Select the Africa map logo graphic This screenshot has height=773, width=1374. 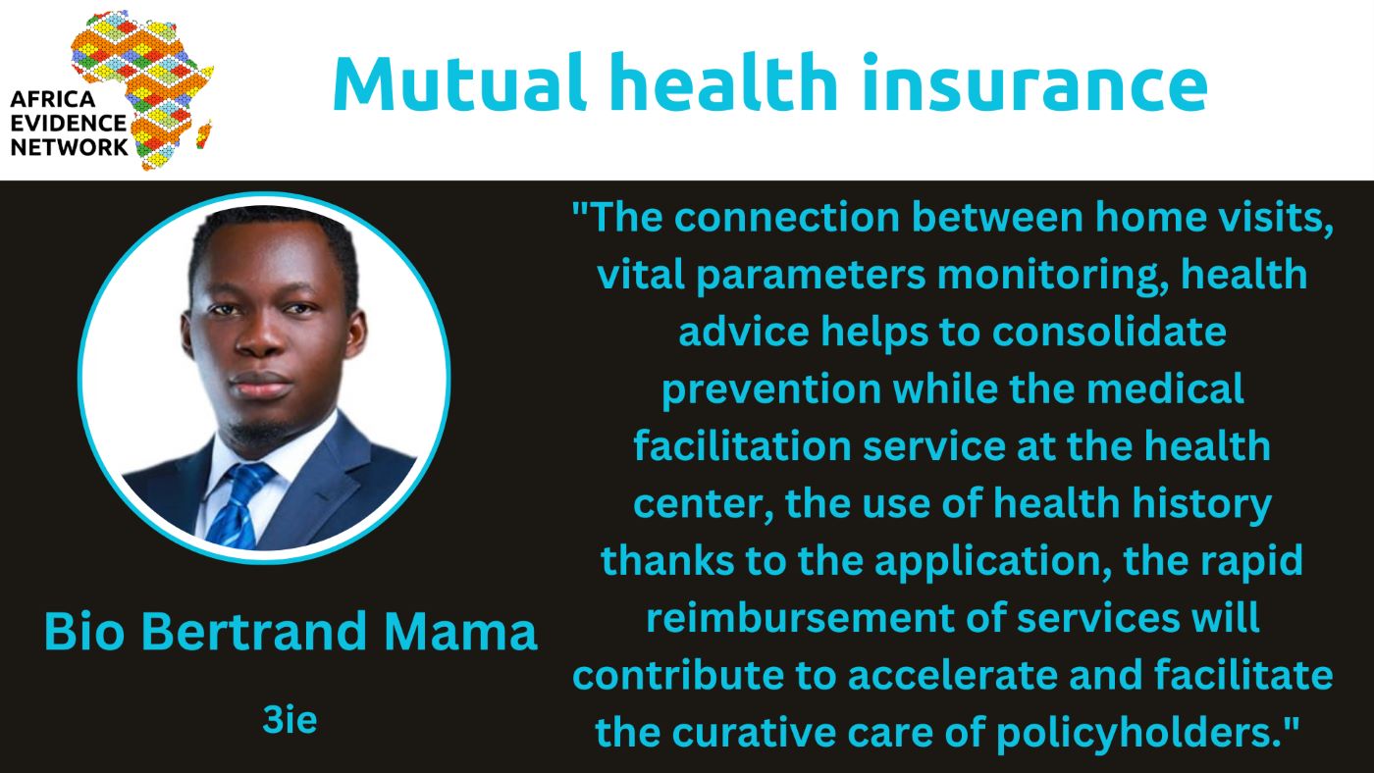[x=142, y=89]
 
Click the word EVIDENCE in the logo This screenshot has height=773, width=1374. [x=68, y=124]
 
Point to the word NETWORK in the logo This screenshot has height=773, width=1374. [x=69, y=147]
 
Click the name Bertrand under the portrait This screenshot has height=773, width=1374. [x=254, y=631]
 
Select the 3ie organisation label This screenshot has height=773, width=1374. [x=290, y=720]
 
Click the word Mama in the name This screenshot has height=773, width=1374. [x=460, y=631]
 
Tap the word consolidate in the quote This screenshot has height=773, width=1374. [x=1109, y=332]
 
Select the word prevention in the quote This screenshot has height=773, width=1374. [x=771, y=389]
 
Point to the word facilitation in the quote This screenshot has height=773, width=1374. [x=742, y=445]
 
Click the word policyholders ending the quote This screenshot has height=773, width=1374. [x=1139, y=733]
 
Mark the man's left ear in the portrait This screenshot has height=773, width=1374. [x=355, y=335]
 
